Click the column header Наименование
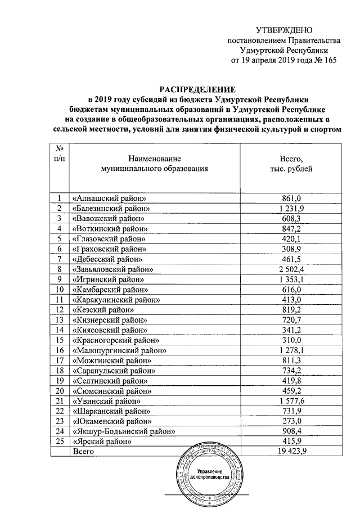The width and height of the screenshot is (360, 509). click(x=154, y=159)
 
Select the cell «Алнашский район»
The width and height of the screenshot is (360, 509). click(x=110, y=199)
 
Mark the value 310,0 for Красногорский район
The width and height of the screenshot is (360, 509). click(x=291, y=340)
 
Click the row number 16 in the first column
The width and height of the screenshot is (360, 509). click(x=59, y=350)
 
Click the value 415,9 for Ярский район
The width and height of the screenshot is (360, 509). click(x=291, y=442)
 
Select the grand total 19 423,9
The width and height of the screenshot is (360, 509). click(x=291, y=452)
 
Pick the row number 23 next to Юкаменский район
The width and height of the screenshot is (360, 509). click(x=59, y=421)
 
